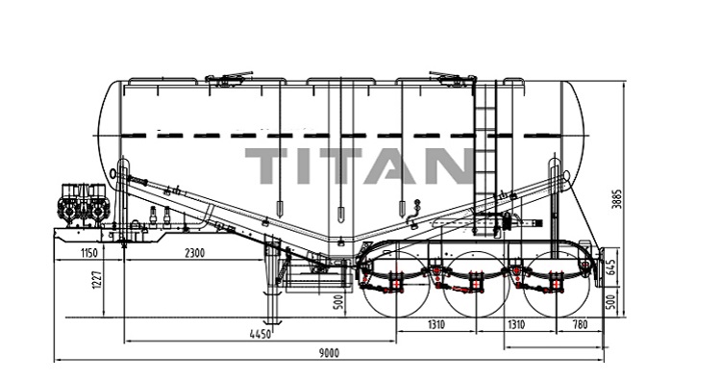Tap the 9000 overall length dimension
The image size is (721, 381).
point(329,354)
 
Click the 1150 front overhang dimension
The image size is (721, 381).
point(89,254)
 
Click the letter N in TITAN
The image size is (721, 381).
point(441,167)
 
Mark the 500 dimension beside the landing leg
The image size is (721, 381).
point(335,302)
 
